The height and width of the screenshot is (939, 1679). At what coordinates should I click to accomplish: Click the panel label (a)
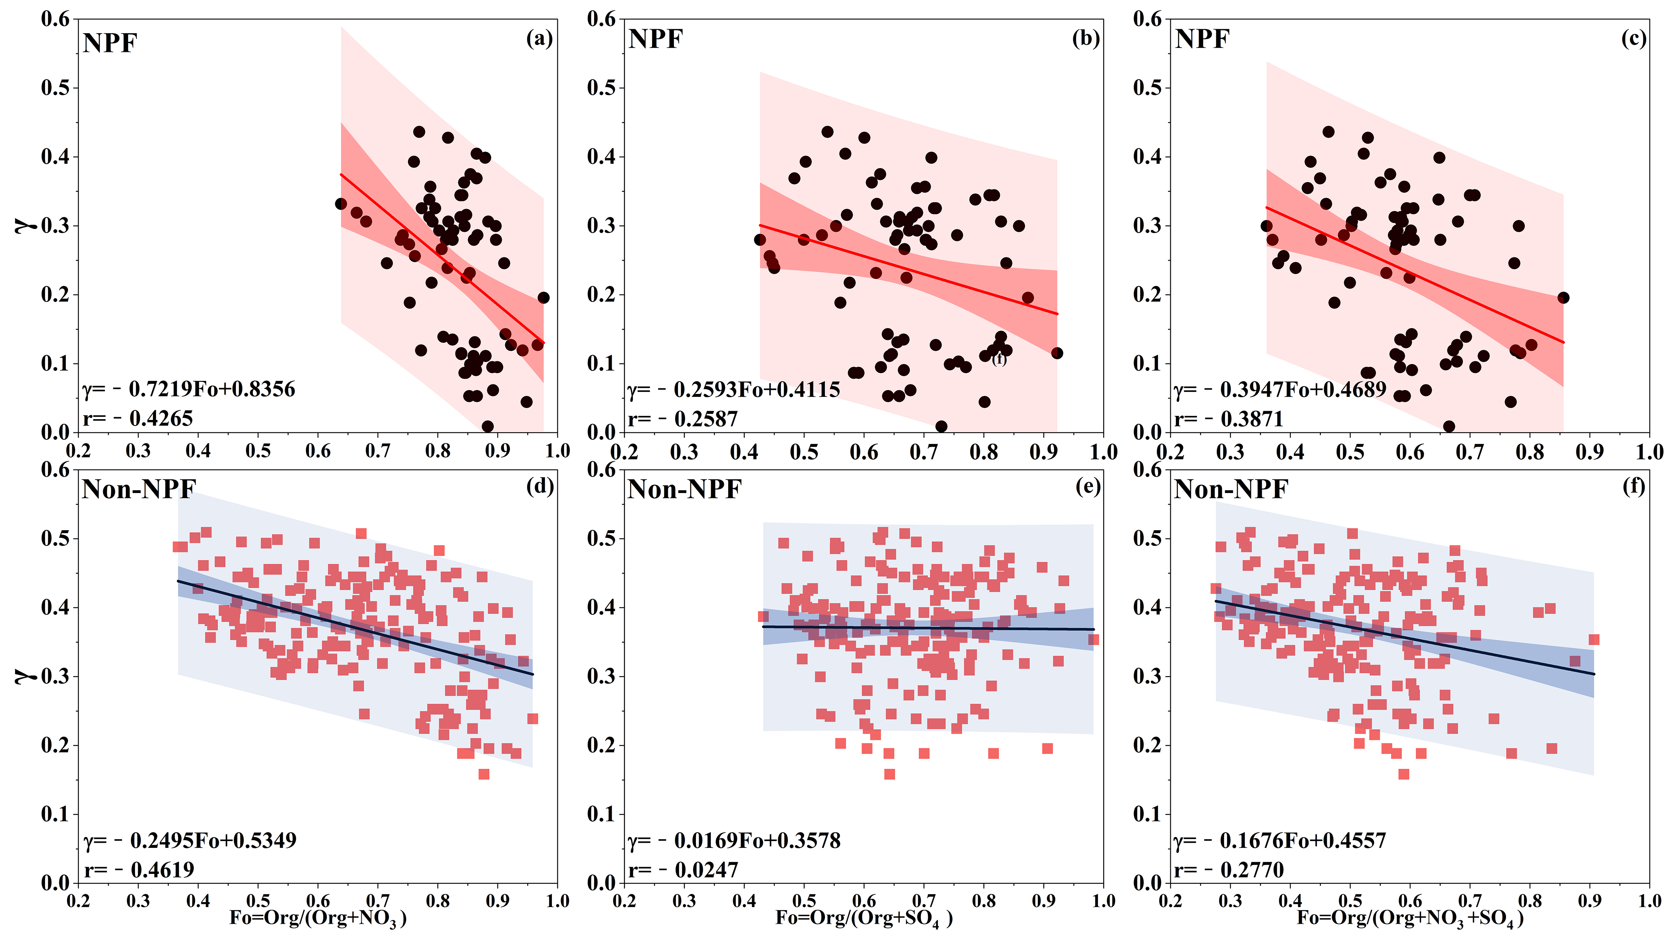point(539,39)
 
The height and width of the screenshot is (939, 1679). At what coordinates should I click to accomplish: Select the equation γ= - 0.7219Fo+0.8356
point(189,389)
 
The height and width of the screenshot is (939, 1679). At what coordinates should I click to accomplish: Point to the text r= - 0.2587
point(682,419)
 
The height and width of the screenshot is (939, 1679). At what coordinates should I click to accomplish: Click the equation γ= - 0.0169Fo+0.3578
point(734,841)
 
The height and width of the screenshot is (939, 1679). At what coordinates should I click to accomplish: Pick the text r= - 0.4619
point(139,870)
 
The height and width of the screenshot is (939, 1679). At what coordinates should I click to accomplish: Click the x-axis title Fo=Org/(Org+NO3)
point(318,919)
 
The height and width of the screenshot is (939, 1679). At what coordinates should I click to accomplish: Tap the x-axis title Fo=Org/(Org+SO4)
point(864,919)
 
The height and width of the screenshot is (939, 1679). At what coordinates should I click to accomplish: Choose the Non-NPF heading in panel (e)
point(684,489)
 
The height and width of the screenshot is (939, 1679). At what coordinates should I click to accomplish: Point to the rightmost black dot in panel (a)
point(543,297)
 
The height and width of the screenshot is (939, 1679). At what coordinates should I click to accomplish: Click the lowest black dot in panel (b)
point(941,426)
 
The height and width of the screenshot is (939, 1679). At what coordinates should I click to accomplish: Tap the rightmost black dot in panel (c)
point(1563,297)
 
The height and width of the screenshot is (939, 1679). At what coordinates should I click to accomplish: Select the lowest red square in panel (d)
point(484,774)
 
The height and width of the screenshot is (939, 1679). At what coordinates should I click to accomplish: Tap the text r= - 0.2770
point(1229,870)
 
